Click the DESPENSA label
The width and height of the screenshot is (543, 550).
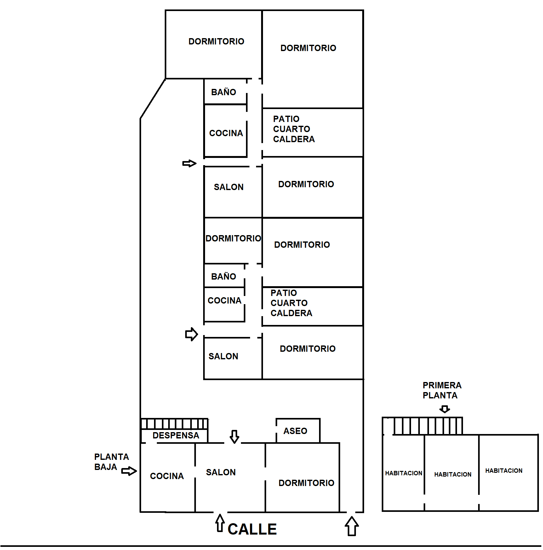click(176, 436)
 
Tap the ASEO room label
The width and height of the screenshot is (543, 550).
click(295, 431)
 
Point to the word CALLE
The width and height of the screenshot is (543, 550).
click(252, 529)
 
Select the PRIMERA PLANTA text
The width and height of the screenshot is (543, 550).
click(442, 390)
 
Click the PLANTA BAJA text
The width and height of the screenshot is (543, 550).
click(111, 462)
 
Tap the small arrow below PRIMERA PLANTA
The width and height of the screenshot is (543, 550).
click(444, 409)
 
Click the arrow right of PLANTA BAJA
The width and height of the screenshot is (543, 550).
click(129, 471)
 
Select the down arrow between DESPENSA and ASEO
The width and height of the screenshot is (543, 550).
click(234, 437)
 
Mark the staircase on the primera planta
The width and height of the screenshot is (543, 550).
click(428, 426)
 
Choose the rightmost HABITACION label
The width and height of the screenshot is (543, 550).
click(504, 471)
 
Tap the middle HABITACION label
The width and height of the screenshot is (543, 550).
click(453, 474)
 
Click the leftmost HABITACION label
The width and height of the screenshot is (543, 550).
click(403, 473)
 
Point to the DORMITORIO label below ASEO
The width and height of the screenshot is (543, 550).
click(306, 483)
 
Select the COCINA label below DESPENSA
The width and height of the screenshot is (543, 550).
click(167, 476)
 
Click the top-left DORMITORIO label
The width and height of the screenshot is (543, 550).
click(216, 41)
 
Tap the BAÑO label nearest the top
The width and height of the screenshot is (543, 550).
click(223, 92)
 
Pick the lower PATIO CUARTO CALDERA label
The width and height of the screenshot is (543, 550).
click(291, 303)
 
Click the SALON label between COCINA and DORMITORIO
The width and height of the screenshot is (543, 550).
click(220, 472)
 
